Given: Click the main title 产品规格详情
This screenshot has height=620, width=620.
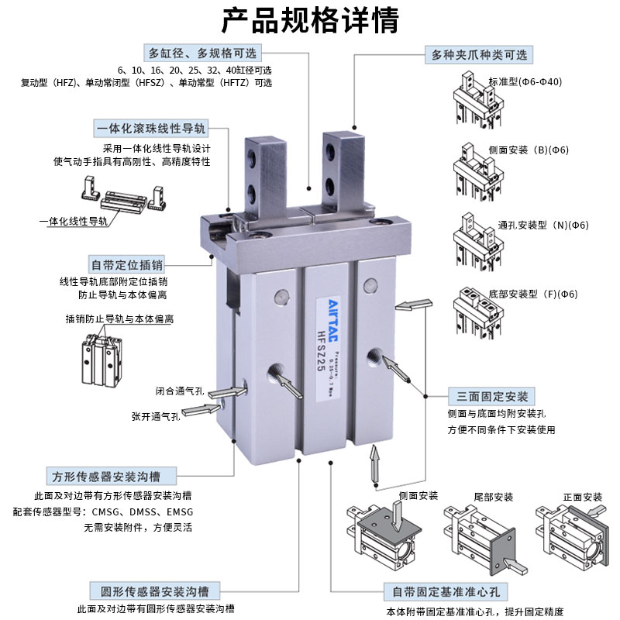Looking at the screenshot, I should tap(310, 20).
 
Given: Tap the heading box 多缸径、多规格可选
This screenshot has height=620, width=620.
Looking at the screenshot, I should tap(202, 53).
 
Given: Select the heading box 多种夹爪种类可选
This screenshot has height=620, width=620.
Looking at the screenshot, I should tap(479, 55).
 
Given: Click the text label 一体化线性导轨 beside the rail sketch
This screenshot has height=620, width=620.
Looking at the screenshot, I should tap(74, 222).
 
